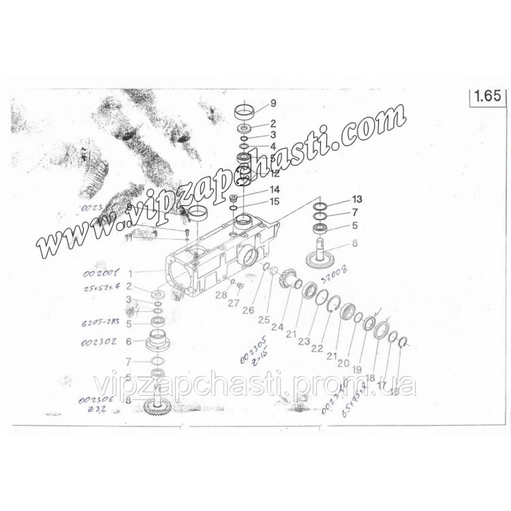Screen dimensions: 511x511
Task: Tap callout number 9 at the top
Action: (273, 104)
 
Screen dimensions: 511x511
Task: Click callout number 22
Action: (317, 349)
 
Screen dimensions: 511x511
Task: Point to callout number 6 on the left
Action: (128, 341)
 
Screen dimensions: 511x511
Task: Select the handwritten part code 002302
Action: (99, 341)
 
